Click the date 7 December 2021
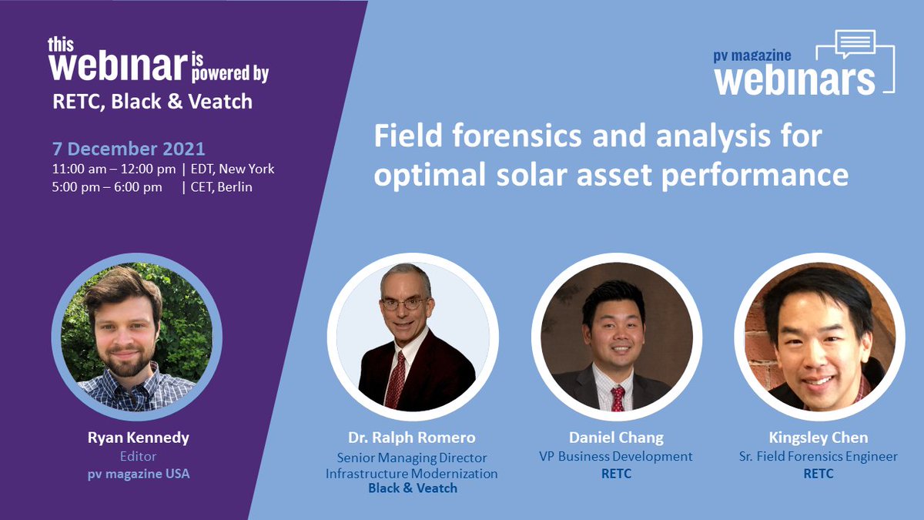(129, 149)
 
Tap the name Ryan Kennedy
(138, 438)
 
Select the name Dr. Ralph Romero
(411, 438)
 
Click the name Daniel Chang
(615, 438)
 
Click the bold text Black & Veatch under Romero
(412, 488)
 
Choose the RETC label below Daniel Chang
(615, 474)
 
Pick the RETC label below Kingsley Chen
(818, 474)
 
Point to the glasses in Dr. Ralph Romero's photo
(404, 304)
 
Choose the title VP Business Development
(615, 456)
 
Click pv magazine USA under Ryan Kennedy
(138, 474)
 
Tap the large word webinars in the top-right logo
(795, 79)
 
